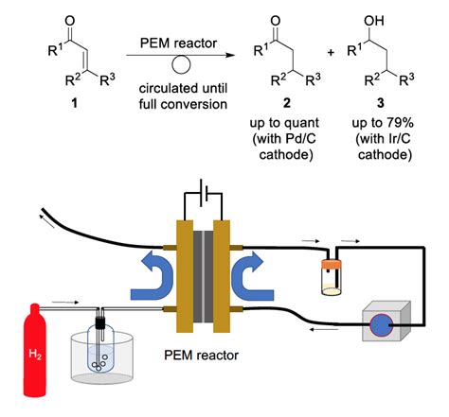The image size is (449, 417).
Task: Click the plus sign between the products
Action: tap(331, 55)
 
